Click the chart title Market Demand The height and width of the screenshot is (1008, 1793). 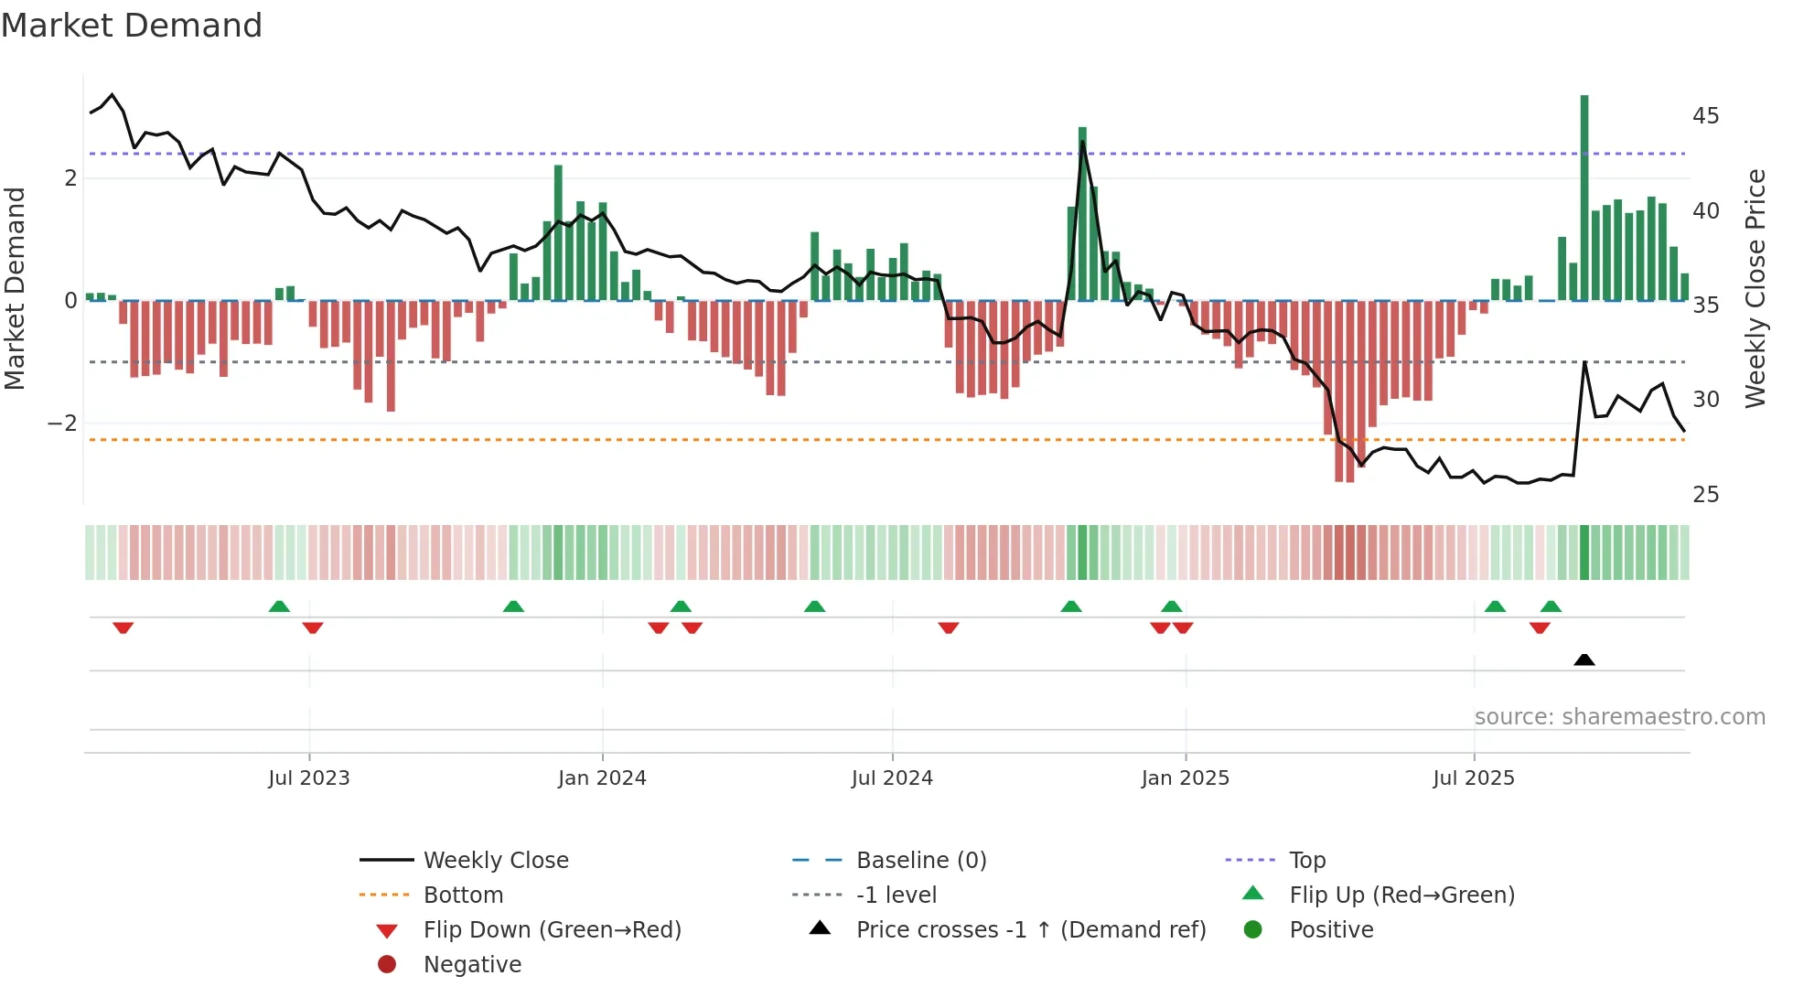tap(132, 26)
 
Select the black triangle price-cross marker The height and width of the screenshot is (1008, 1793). tap(1584, 659)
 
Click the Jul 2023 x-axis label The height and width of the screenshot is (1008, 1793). tap(309, 778)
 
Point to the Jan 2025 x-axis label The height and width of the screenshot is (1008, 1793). tap(1186, 778)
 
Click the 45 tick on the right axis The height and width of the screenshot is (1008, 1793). tap(1705, 116)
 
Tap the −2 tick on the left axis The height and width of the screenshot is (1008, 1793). tap(62, 424)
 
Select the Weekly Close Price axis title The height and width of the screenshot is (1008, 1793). tap(1755, 288)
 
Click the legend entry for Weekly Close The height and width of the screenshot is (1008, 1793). tap(495, 861)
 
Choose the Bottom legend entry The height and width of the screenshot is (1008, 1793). tap(463, 895)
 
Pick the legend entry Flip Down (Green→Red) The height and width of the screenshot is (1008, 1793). tap(552, 930)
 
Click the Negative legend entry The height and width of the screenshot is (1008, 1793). tap(472, 965)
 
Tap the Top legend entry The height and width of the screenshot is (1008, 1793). tap(1307, 861)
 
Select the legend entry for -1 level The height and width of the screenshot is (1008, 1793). tap(896, 895)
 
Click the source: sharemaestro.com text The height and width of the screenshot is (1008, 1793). tap(1619, 717)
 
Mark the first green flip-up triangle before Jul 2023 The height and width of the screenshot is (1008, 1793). tap(279, 606)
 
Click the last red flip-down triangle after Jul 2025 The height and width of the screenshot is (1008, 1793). tap(1540, 627)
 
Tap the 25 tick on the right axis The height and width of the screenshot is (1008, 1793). tap(1705, 495)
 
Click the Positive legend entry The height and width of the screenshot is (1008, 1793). tap(1331, 930)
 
